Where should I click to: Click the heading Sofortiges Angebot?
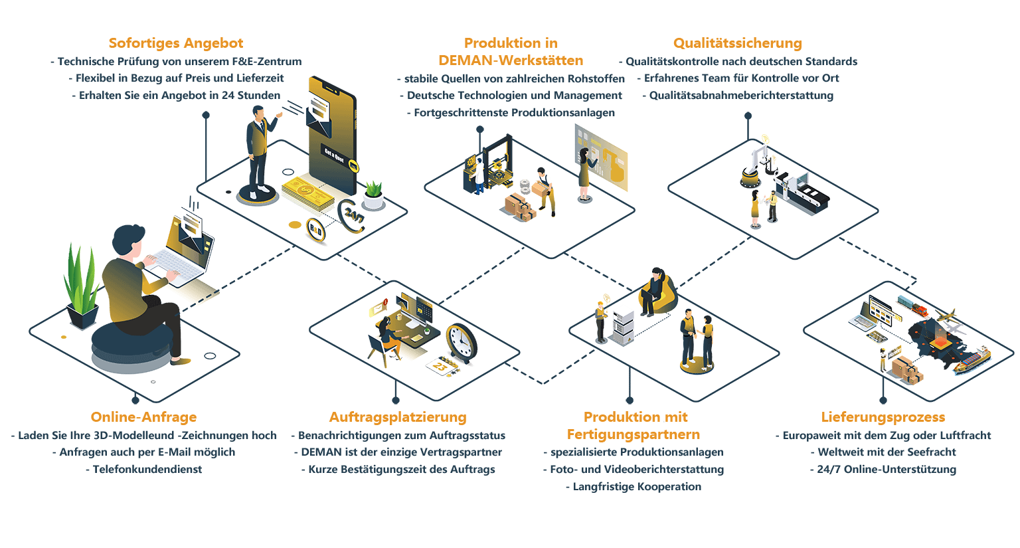[x=176, y=43]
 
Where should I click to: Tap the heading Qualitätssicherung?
[x=738, y=43]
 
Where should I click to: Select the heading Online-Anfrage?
[x=144, y=417]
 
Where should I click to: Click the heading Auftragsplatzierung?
[x=398, y=417]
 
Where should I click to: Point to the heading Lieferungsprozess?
[x=883, y=417]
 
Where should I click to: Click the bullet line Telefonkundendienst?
[x=144, y=470]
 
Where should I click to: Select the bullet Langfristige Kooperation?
[x=634, y=487]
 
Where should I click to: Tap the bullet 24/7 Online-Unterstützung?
[x=883, y=470]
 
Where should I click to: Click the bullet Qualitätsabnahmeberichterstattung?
[x=738, y=96]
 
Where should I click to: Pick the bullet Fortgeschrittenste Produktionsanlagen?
[x=511, y=113]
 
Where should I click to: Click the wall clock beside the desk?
[x=462, y=343]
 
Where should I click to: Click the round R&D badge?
[x=315, y=229]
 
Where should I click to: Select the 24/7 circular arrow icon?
[x=351, y=215]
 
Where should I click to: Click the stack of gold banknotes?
[x=308, y=193]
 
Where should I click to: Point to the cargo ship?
[x=972, y=361]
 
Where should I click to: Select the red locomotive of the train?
[x=920, y=311]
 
